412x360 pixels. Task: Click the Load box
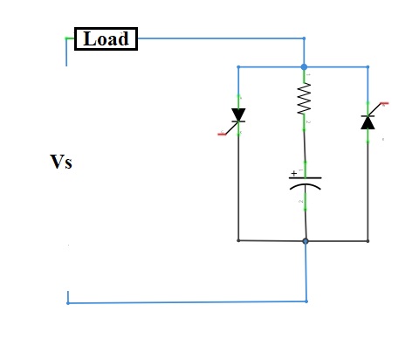coord(106,39)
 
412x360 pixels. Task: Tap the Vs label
coord(61,162)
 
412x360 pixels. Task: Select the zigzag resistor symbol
coord(304,99)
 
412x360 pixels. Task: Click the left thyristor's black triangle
coord(238,114)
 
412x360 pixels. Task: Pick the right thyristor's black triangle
coord(367,123)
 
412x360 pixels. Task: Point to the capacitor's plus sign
coord(294,174)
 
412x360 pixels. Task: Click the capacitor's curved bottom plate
coord(306,186)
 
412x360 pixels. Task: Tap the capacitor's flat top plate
coord(306,177)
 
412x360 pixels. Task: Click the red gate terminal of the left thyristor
coord(222,134)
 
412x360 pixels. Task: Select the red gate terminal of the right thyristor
coord(385,103)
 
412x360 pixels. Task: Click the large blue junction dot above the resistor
coord(304,67)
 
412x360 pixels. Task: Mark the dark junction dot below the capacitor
coord(306,241)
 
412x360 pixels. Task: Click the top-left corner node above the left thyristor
coord(238,67)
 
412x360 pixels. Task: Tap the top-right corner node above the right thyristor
coord(367,67)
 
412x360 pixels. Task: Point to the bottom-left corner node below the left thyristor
coord(238,240)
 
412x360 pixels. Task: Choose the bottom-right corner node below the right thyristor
coord(367,241)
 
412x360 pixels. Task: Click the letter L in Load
coord(89,38)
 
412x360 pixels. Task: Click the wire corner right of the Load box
coord(304,38)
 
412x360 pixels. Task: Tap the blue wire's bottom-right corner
coord(306,301)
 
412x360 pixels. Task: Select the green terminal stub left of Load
coord(70,38)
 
